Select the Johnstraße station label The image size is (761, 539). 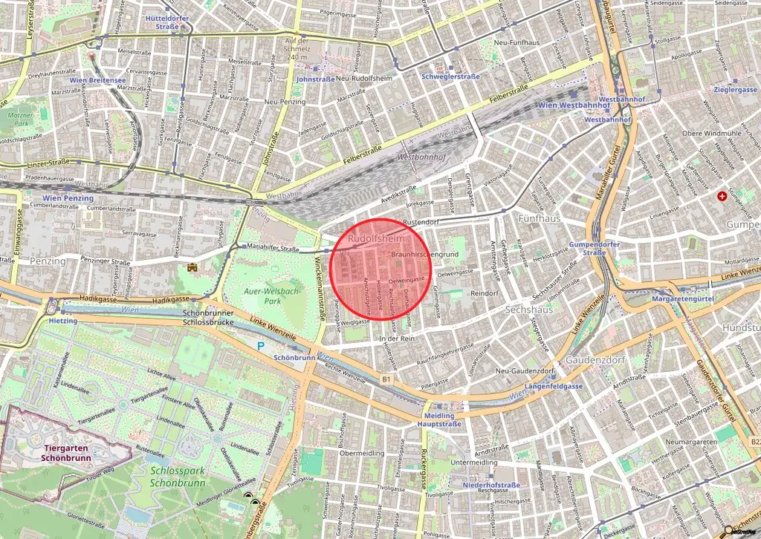click(x=315, y=79)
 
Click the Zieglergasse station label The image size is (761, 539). click(x=734, y=89)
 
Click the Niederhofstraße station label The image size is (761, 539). click(x=491, y=485)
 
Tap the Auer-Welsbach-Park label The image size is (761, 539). click(x=272, y=297)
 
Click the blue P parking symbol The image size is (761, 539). click(x=261, y=345)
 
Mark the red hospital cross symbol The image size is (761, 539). click(x=721, y=196)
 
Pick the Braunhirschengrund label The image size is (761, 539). click(x=425, y=255)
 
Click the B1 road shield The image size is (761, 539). click(x=386, y=379)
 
